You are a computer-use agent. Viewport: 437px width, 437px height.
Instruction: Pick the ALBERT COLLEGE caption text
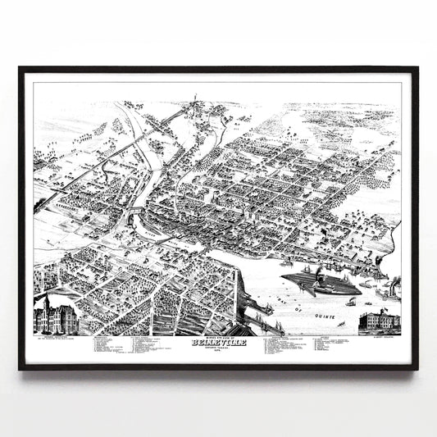[379, 336]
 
